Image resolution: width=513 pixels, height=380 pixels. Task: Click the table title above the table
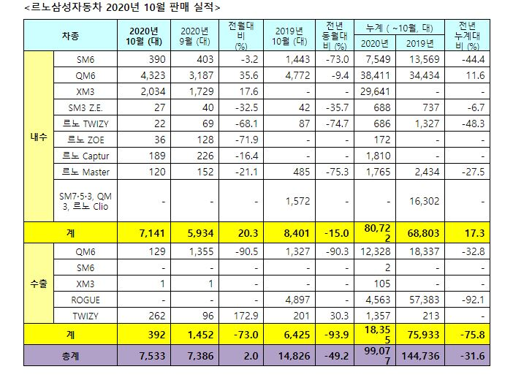(122, 7)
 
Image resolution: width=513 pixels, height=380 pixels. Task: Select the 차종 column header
(70, 36)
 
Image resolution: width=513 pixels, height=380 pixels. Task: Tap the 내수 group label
(39, 137)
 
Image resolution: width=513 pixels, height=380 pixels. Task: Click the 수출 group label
(39, 284)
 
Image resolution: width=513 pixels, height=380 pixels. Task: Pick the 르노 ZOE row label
(85, 140)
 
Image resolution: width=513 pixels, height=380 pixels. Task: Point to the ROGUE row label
(85, 300)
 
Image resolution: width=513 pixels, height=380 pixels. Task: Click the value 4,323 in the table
(153, 75)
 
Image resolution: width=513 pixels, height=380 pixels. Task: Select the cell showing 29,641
(376, 91)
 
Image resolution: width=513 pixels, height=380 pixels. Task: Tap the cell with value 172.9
(246, 316)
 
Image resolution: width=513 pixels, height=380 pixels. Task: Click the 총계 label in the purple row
(70, 356)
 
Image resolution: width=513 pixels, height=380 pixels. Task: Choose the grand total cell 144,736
(420, 356)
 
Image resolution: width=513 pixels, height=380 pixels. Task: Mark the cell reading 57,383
(424, 300)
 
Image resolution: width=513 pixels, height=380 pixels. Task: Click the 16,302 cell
(424, 201)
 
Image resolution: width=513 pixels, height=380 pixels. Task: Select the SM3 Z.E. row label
(85, 107)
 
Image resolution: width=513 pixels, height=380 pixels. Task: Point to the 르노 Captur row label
(85, 156)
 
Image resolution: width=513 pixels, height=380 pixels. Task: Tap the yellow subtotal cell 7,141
(152, 233)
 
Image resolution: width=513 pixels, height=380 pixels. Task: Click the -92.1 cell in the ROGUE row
(473, 300)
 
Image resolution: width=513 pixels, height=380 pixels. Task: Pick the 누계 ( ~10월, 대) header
(400, 28)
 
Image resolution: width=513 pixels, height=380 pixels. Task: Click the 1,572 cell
(297, 201)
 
